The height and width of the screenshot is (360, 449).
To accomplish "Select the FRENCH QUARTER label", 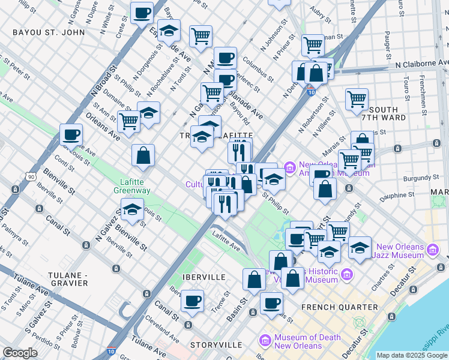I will [340, 307].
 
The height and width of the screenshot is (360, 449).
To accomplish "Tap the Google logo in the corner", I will [20, 353].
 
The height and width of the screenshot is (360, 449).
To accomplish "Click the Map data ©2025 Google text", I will [411, 355].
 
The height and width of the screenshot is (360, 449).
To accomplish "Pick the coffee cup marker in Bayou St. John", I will [142, 13].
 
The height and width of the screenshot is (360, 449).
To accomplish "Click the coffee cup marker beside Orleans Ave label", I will [71, 134].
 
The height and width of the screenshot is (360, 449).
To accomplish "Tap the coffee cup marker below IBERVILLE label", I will [192, 301].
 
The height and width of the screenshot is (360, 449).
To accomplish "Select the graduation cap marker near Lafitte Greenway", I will [132, 210].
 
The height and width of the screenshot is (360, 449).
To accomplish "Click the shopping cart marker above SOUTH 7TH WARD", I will [357, 98].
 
